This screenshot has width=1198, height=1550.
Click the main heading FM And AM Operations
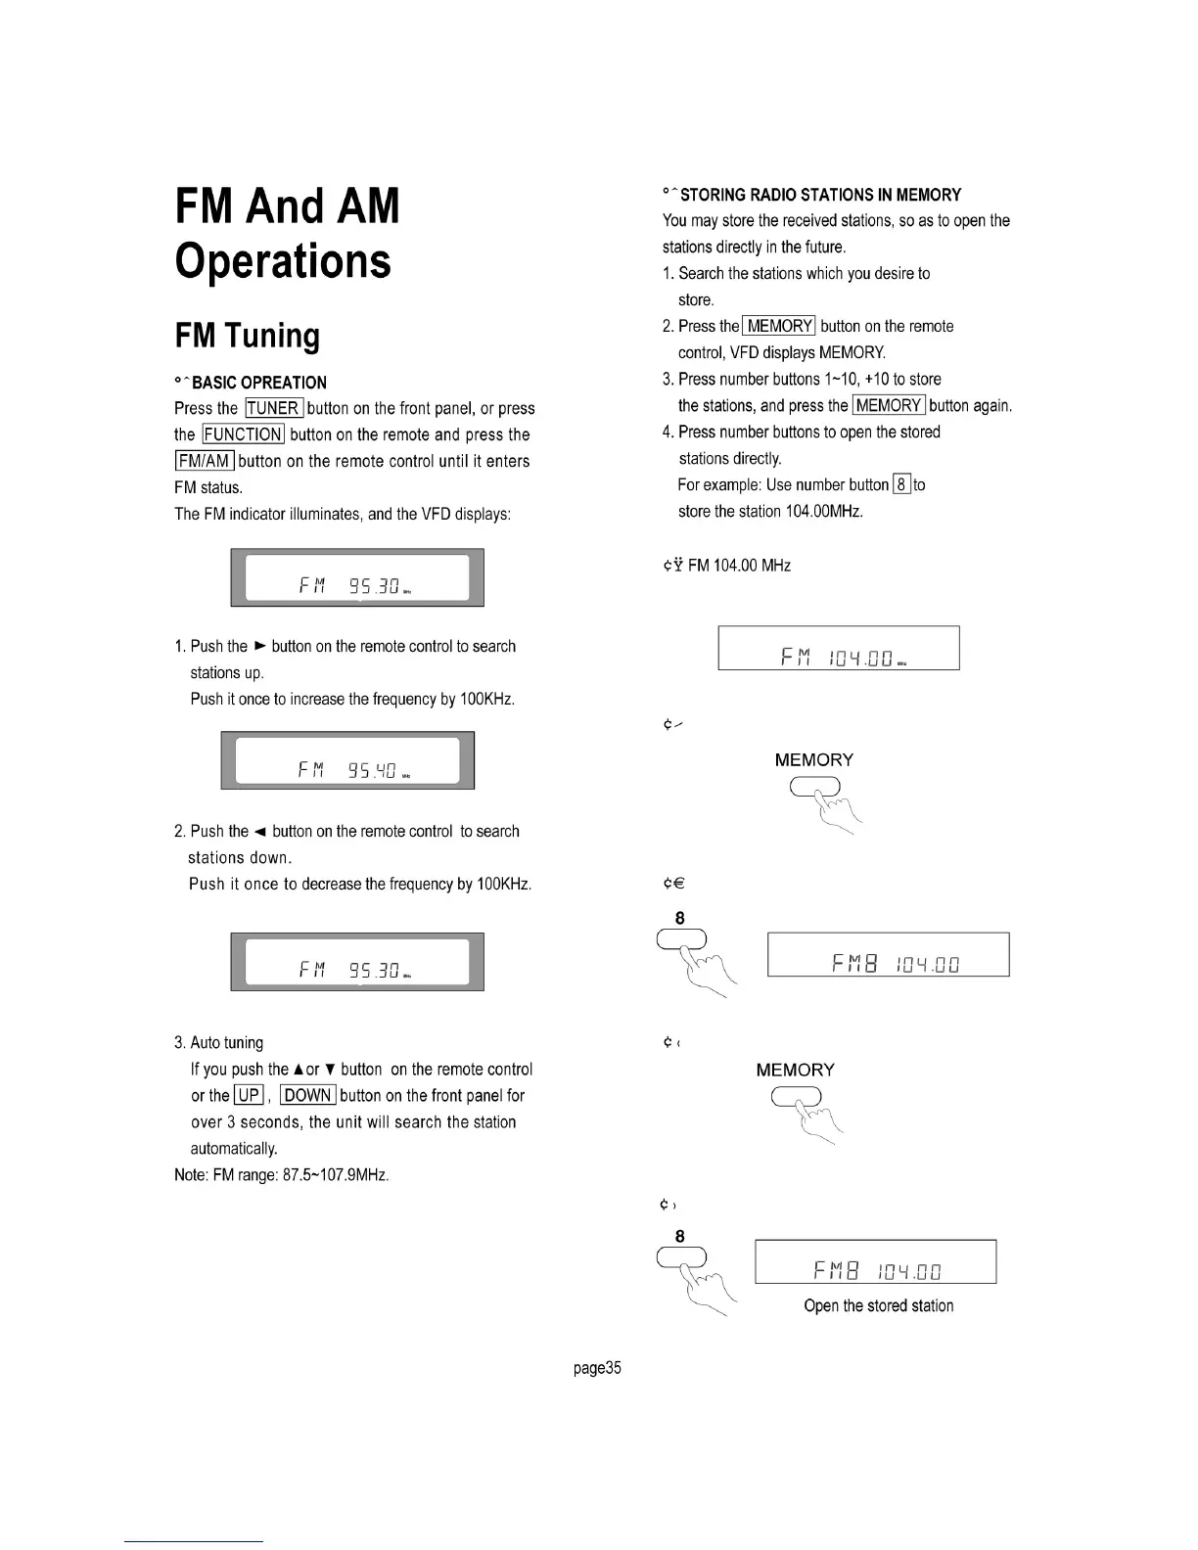287,233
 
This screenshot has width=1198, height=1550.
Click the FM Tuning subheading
247,336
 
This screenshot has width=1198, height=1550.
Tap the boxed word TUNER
274,408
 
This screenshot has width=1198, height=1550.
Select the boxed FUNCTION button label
243,434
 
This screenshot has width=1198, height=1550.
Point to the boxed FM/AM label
204,461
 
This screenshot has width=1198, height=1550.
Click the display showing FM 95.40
347,760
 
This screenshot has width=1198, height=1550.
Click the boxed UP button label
249,1096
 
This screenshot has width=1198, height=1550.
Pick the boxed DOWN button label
307,1096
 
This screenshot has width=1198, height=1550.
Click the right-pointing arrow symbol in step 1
259,646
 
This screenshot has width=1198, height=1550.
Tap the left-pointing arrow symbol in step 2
260,832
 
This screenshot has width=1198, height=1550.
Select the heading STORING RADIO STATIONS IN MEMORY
820,195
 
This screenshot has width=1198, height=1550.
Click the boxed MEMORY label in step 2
779,326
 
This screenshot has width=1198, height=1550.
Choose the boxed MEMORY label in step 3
889,405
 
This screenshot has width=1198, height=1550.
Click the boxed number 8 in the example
902,484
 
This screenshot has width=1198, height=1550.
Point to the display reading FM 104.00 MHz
839,648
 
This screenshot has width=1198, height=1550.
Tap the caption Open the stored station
878,1305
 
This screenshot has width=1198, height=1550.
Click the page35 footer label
597,1368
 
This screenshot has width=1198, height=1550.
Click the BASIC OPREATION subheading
258,383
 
